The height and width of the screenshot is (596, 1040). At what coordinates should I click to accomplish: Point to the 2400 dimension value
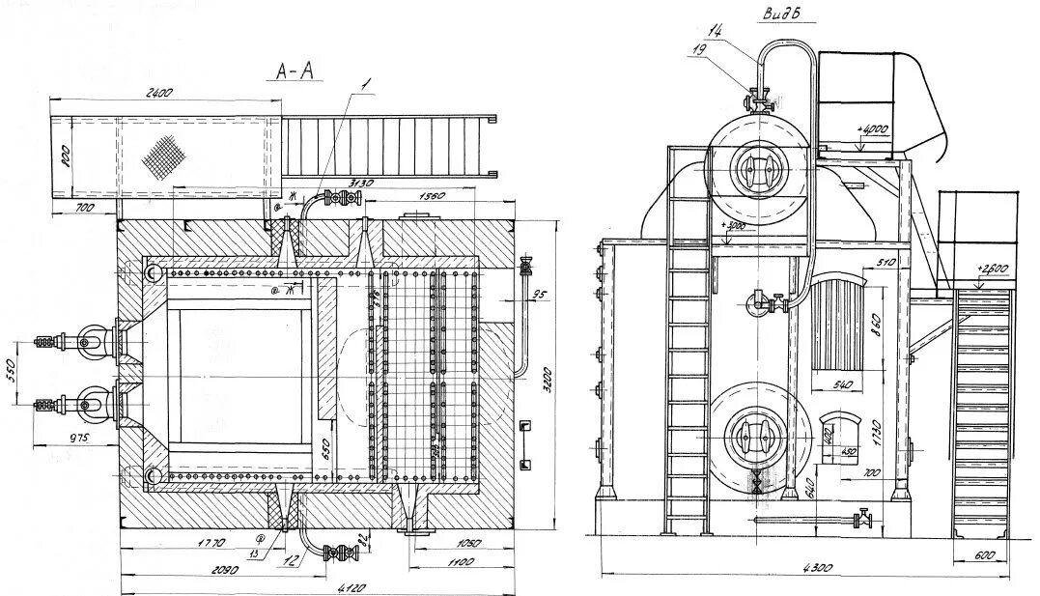click(x=159, y=93)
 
